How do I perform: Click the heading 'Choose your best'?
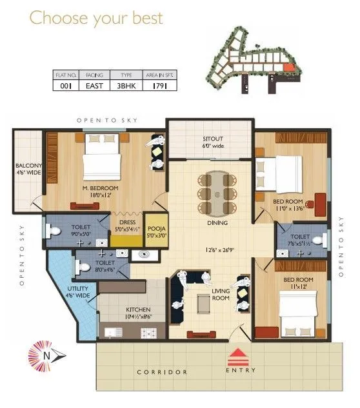(96, 17)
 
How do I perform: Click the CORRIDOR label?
(162, 372)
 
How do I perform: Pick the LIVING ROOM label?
(221, 295)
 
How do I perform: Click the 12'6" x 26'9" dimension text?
(220, 249)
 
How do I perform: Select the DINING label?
(217, 223)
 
